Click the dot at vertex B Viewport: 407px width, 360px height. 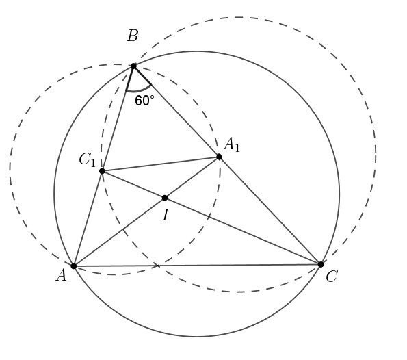(133, 66)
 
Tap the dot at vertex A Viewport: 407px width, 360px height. (74, 266)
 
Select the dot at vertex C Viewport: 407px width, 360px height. (321, 264)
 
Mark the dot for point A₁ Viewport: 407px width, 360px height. (219, 157)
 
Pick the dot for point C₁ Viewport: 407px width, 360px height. (102, 171)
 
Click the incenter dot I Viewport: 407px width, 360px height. (165, 198)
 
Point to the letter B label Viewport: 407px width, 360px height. (133, 36)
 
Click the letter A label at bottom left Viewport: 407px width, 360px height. (62, 275)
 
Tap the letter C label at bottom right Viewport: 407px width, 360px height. (332, 277)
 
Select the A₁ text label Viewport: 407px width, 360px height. (231, 144)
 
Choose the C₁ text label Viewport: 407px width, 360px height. (88, 159)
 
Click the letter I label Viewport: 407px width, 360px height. (166, 215)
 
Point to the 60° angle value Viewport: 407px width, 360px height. (144, 101)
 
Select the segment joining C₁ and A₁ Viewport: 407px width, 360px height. (161, 164)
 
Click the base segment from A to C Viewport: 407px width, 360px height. (197, 265)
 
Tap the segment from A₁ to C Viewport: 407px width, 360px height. (270, 211)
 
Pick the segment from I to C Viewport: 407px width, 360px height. (243, 231)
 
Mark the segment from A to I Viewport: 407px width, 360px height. (119, 232)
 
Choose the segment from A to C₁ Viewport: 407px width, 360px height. (88, 218)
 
